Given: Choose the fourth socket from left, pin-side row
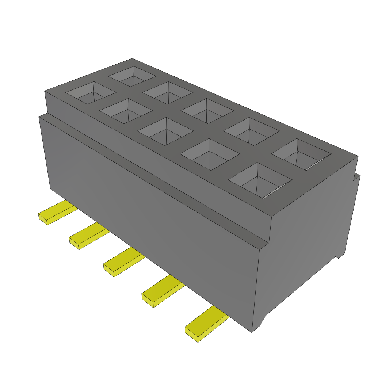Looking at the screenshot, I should click(x=210, y=154).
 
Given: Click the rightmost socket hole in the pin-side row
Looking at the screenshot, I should click(x=260, y=180).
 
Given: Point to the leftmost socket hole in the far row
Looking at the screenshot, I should click(x=132, y=76).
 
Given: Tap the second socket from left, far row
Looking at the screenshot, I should click(x=168, y=92).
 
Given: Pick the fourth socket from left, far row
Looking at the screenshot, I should click(x=251, y=131).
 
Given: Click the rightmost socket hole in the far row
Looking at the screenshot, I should click(x=301, y=154).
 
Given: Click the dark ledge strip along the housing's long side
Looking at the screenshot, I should click(x=153, y=175).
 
